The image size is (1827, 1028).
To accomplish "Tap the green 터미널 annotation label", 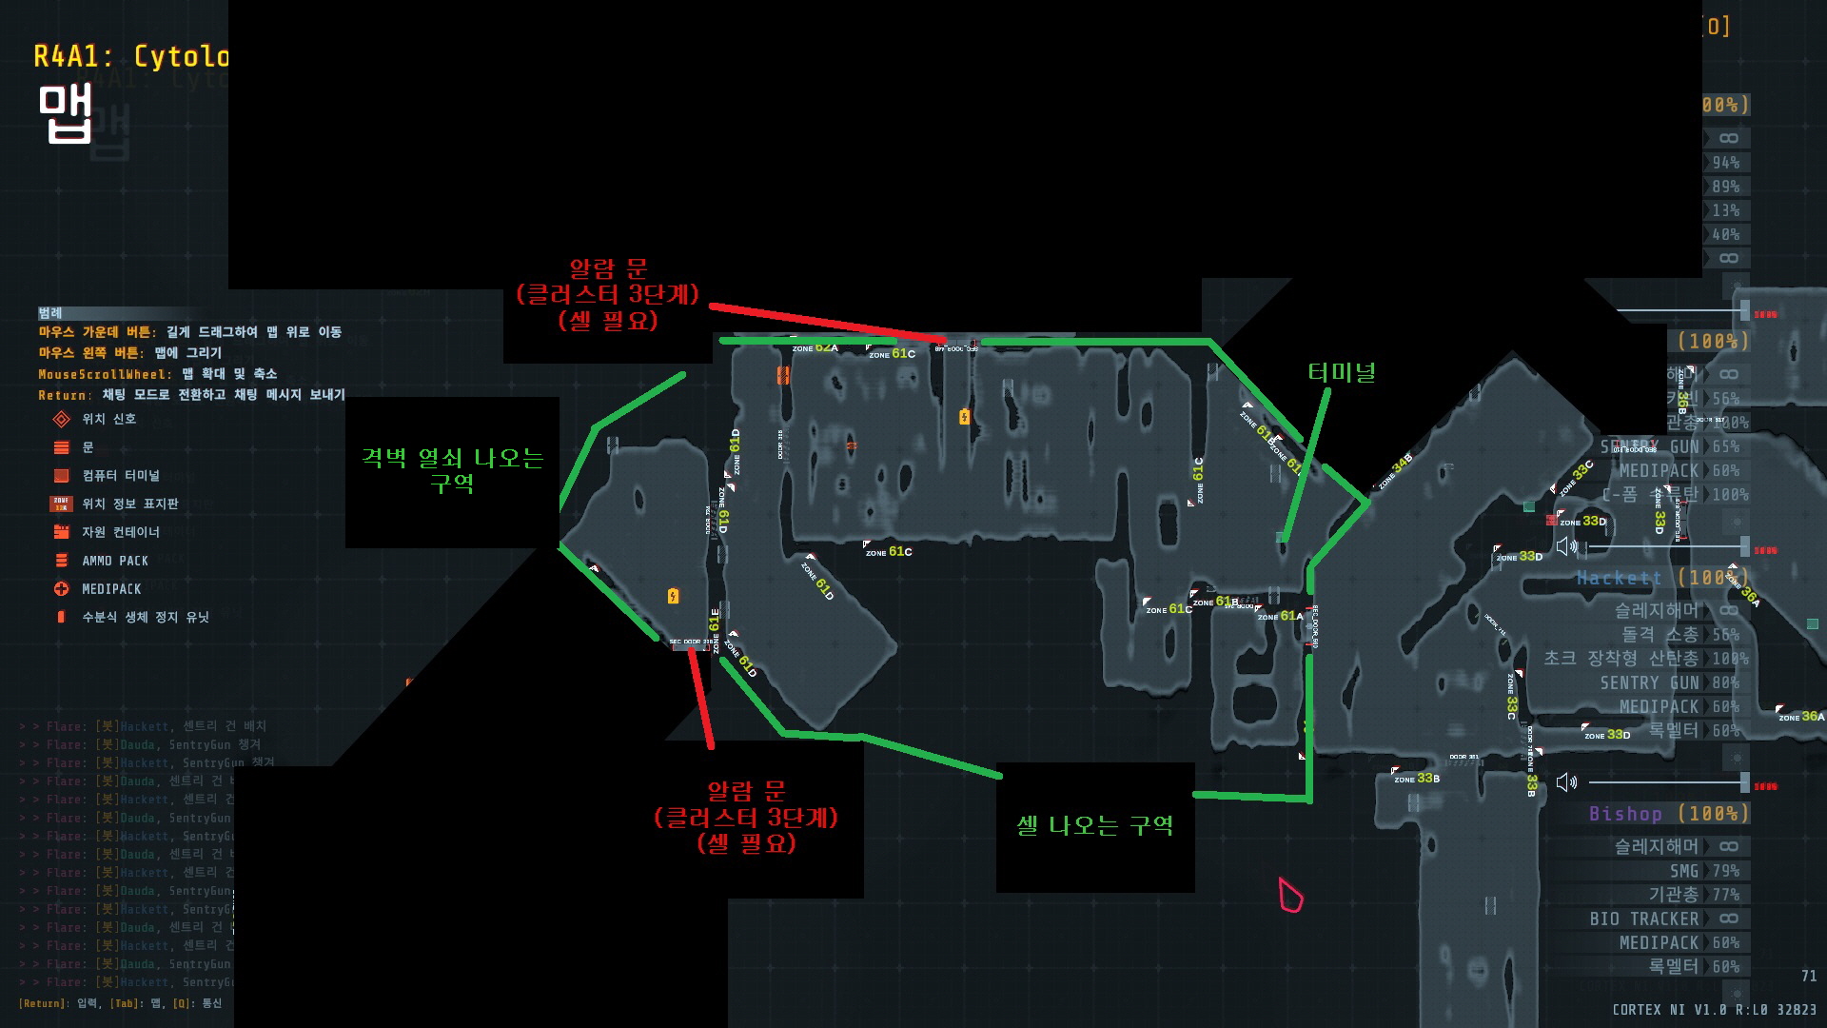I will coord(1342,372).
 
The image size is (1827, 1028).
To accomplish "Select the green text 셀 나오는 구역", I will coord(1094,825).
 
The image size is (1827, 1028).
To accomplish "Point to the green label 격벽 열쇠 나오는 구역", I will coord(452,470).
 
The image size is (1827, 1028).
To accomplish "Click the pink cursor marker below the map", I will coord(1290,896).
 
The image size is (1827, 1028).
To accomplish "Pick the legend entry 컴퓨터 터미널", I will coord(120,475).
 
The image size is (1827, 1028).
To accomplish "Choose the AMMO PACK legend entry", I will coord(115,561).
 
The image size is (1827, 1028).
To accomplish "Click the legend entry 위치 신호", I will coord(108,419).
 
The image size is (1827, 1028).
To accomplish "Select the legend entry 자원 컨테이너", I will coord(120,532).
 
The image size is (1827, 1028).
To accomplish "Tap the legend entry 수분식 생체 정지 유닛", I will coord(145,617).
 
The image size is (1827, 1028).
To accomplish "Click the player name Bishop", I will coord(1625,814).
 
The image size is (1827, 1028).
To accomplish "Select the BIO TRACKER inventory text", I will coord(1643,919).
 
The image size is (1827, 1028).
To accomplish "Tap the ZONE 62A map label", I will coord(815,348).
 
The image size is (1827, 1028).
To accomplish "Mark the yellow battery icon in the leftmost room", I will coord(674,597).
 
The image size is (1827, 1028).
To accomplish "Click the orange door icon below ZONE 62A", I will coord(783,376).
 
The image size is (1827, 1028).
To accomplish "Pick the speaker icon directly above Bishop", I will coord(1566,782).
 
